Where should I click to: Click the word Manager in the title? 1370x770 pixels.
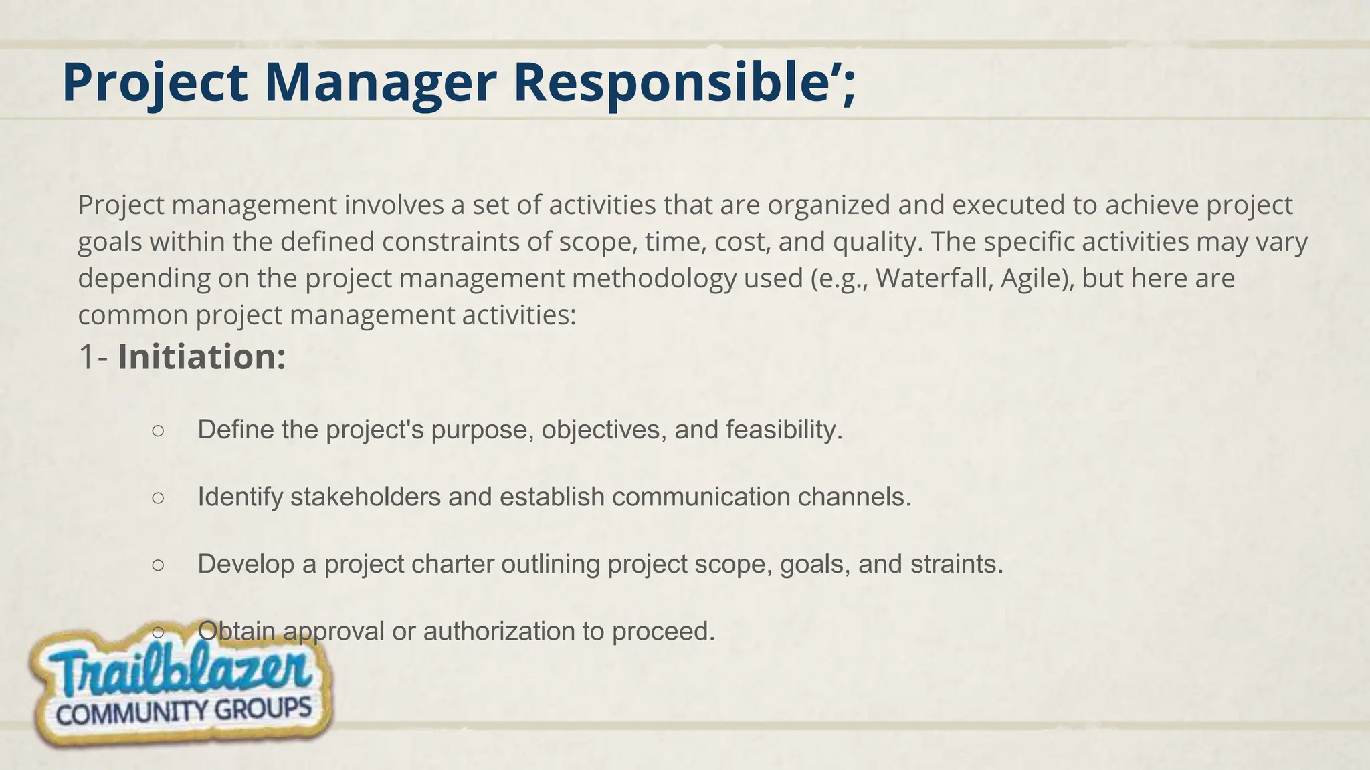[x=380, y=83]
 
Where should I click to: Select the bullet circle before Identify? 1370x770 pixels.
[x=158, y=498]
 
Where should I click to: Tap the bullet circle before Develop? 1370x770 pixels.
[x=158, y=565]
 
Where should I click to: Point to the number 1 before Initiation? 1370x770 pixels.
[x=86, y=357]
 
